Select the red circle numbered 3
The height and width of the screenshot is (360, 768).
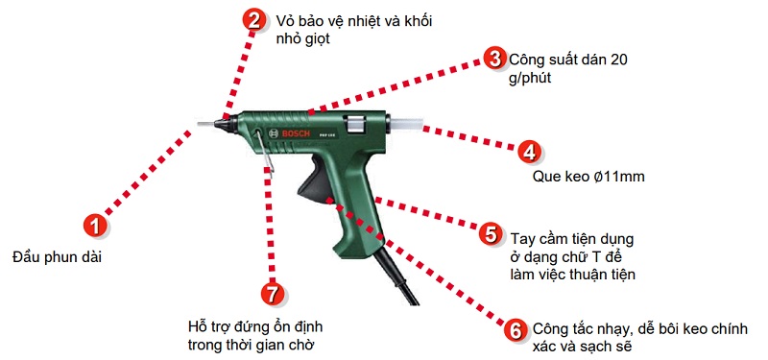493,59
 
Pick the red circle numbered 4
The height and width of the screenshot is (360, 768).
529,152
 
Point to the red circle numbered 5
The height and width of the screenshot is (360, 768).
490,234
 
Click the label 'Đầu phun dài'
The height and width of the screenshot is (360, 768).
57,257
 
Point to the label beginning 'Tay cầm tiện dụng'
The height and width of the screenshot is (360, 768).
572,255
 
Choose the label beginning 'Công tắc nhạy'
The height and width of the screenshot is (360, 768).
636,338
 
